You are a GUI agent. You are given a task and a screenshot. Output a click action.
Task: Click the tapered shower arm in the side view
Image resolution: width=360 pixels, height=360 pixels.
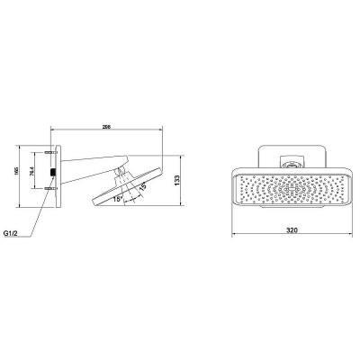click(90, 166)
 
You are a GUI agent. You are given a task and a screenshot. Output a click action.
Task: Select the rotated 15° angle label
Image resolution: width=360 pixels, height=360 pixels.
click(141, 186)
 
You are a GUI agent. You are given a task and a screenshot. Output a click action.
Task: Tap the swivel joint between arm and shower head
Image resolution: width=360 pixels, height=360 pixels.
click(120, 168)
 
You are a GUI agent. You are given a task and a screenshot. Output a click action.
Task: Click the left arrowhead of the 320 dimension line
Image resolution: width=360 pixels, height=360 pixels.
click(235, 238)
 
